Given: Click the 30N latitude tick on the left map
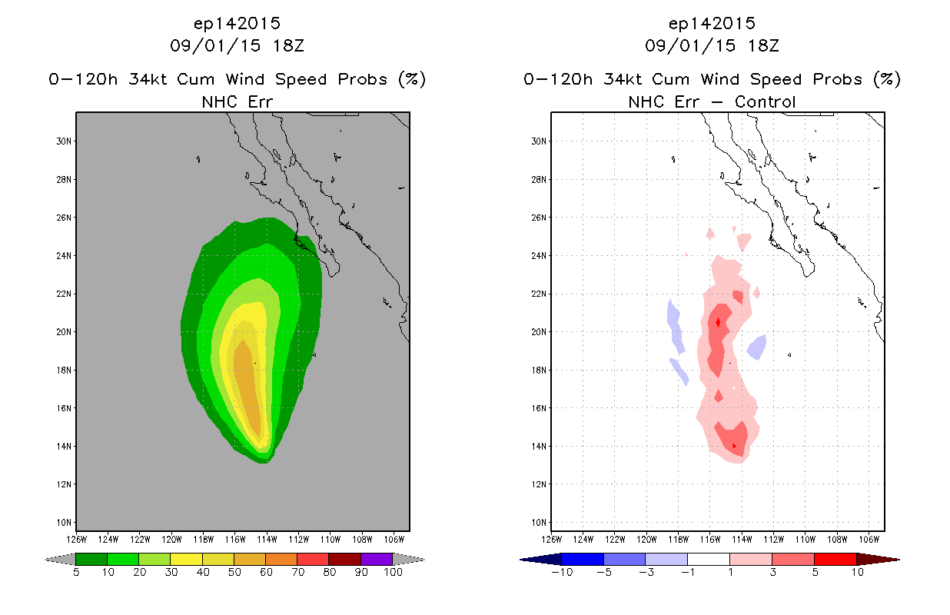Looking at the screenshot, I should click(65, 141).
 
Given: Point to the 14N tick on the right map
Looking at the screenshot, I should click(540, 447).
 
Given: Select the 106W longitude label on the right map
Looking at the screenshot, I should click(869, 538).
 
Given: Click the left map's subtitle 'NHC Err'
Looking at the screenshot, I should click(237, 101).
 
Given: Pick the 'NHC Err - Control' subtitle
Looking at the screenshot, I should click(712, 101).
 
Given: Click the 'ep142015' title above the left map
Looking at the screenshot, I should click(237, 23).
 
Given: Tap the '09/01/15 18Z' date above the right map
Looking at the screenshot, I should click(712, 46).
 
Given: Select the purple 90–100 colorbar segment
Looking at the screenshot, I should click(377, 559).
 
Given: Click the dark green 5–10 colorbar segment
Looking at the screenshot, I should click(91, 559).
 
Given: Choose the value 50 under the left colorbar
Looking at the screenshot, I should click(234, 573).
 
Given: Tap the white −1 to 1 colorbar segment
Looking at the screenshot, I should click(708, 559).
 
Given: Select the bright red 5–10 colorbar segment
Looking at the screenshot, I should click(835, 559).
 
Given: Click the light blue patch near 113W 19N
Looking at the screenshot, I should click(757, 347).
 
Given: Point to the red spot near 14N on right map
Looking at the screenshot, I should click(735, 445).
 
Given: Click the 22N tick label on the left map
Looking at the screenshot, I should click(65, 294).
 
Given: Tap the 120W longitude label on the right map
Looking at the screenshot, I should click(647, 538).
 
